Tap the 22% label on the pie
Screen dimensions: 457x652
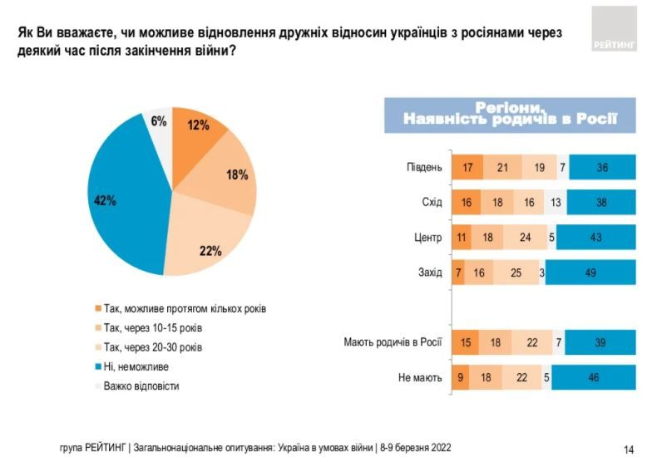click(210, 250)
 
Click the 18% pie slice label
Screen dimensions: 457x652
click(237, 175)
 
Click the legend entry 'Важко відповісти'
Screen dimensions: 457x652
click(142, 386)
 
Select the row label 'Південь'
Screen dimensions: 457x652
click(424, 167)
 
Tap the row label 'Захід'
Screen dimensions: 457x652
click(430, 273)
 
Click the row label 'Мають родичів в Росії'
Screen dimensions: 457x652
click(393, 342)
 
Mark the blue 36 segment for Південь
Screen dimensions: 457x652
click(601, 167)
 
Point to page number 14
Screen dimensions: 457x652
click(629, 449)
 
